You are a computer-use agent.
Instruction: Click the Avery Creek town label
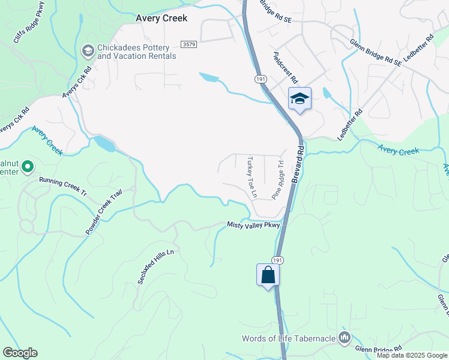coord(161,18)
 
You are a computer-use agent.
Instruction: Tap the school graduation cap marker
coord(300,99)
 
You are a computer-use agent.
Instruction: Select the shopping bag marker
coord(268,275)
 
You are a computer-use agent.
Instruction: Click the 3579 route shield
coord(189,44)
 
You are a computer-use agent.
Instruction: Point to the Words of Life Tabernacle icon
coord(345,338)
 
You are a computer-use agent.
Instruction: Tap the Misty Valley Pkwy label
coord(253,225)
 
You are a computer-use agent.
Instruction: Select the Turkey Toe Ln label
coord(252,178)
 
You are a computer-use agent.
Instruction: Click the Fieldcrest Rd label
coord(285,67)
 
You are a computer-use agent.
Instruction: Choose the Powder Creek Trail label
coord(103,212)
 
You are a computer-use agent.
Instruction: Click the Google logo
coord(20,353)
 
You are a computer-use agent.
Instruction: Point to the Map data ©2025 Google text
coord(411,355)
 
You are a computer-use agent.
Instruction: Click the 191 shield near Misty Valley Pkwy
coord(276,260)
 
